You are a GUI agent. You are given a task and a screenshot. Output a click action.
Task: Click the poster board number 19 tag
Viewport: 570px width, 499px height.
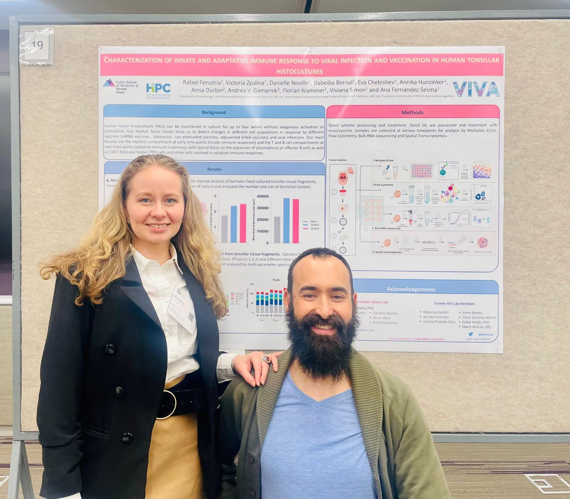pos(37,45)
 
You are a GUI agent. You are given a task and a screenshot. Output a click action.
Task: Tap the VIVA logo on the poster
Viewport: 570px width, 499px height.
pos(476,89)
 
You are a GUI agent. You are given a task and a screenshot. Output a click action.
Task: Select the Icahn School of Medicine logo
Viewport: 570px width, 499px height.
pos(121,87)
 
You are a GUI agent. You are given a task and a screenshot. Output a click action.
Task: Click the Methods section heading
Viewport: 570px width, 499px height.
pos(412,112)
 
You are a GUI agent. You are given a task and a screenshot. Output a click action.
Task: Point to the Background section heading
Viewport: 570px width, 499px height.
pos(214,112)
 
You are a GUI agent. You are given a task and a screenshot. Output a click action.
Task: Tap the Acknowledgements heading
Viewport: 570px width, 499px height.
pos(411,289)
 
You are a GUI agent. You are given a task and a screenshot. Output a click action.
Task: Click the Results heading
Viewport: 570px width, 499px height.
pos(214,169)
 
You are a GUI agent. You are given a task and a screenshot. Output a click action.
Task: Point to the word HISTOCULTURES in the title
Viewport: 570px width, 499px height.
pos(299,71)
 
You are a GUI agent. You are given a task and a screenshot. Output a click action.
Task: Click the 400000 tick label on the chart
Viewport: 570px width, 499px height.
pos(263,196)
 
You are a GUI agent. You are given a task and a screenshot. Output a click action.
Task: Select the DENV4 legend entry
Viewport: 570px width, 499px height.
pos(314,228)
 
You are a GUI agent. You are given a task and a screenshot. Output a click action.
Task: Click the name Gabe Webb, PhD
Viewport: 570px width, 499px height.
pos(476,322)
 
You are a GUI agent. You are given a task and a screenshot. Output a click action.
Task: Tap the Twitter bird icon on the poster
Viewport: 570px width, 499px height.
pos(471,334)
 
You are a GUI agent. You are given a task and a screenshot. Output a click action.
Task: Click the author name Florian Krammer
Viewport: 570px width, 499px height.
pos(304,90)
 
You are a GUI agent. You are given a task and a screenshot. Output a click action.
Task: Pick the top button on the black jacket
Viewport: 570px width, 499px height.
pos(110,349)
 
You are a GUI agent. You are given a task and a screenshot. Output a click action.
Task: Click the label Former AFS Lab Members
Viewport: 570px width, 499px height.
pos(454,304)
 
